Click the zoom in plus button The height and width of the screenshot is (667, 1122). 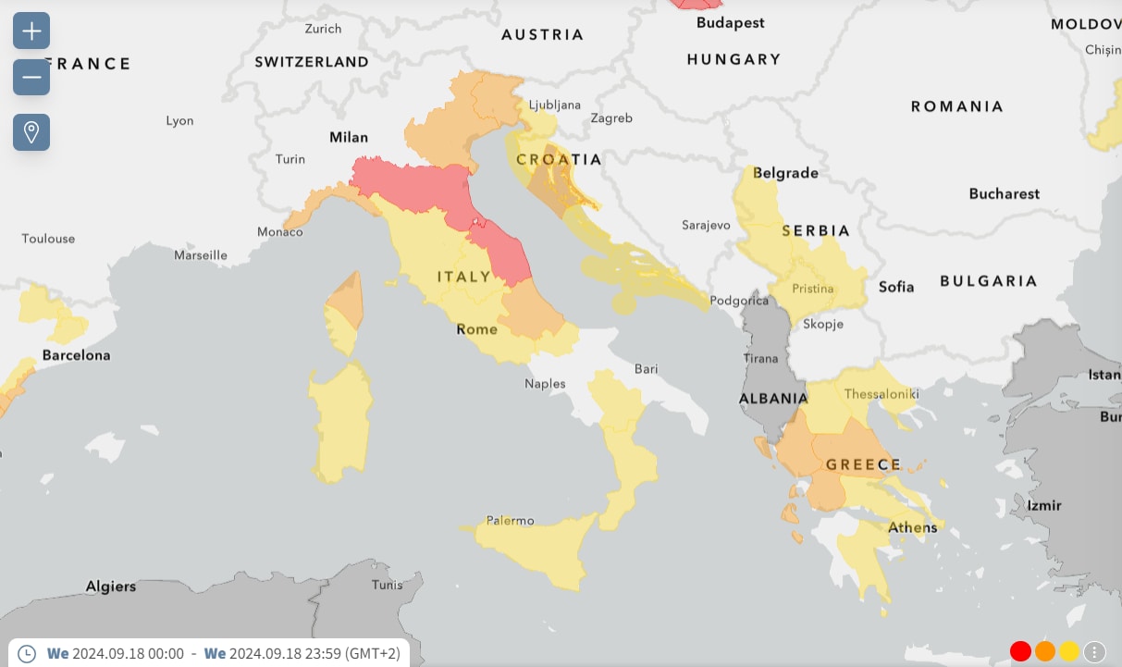[x=31, y=31]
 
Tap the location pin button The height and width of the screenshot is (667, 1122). [x=31, y=132]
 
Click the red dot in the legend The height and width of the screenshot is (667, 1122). [x=1020, y=651]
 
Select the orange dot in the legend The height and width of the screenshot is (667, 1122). [x=1045, y=651]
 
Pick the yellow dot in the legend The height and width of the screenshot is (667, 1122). [x=1069, y=651]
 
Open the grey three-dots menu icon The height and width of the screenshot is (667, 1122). [x=1094, y=651]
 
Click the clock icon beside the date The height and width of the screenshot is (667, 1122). [x=27, y=653]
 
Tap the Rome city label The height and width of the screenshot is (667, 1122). [x=476, y=329]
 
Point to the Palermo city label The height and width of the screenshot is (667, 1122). [x=511, y=521]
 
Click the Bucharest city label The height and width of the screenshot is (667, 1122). [x=1004, y=193]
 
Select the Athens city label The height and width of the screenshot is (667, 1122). [x=912, y=527]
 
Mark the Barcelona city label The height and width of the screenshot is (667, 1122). [x=76, y=355]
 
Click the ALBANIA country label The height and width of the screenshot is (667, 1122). [x=773, y=399]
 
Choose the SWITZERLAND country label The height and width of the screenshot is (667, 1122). [x=312, y=62]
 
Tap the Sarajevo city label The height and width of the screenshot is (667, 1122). [x=706, y=225]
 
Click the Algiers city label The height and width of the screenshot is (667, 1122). [x=111, y=586]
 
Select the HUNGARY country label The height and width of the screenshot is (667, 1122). [x=734, y=59]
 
